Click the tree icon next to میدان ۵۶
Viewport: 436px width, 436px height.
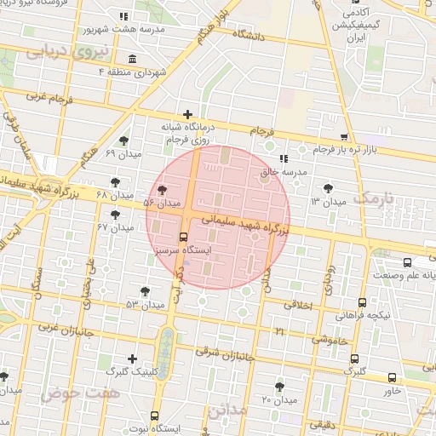click(162, 191)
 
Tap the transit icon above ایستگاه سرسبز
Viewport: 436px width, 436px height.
click(183, 237)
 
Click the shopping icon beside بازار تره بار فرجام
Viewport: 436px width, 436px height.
click(343, 136)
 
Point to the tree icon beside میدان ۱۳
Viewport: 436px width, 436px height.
click(330, 189)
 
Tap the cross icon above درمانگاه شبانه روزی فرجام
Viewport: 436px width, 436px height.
click(187, 114)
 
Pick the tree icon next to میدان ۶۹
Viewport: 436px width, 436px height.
click(123, 141)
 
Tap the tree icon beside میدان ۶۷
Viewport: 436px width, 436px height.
click(115, 214)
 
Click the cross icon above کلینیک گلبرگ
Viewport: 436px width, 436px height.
click(131, 359)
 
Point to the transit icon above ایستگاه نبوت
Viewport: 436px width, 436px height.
click(153, 416)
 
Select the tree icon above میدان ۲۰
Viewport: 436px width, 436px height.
click(279, 387)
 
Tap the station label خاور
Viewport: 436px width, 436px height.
click(392, 391)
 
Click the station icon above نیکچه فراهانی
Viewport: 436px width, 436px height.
click(363, 301)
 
